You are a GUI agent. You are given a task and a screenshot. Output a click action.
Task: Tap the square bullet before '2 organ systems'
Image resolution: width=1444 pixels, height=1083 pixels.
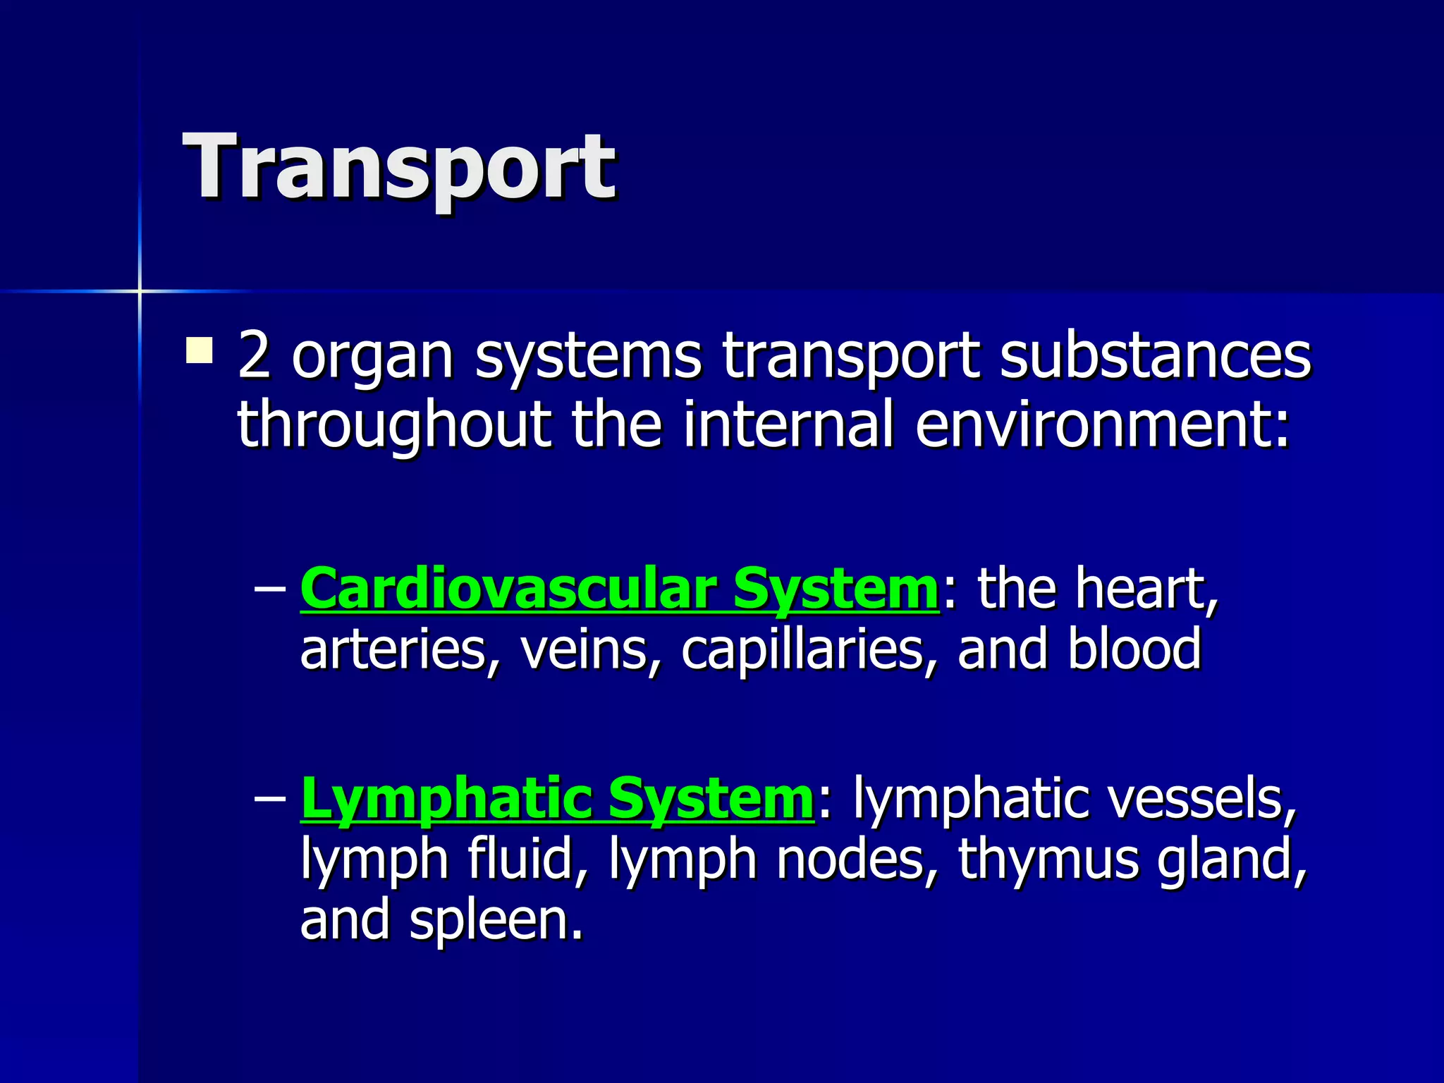[x=200, y=350]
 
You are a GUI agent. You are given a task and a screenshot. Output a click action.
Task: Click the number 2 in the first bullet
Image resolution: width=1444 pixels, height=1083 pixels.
[x=255, y=355]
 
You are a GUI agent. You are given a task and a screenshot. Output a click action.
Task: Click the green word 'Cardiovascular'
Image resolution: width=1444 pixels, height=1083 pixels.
[x=508, y=588]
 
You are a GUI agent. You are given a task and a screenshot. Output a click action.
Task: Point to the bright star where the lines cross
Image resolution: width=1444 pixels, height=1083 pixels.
[x=140, y=290]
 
